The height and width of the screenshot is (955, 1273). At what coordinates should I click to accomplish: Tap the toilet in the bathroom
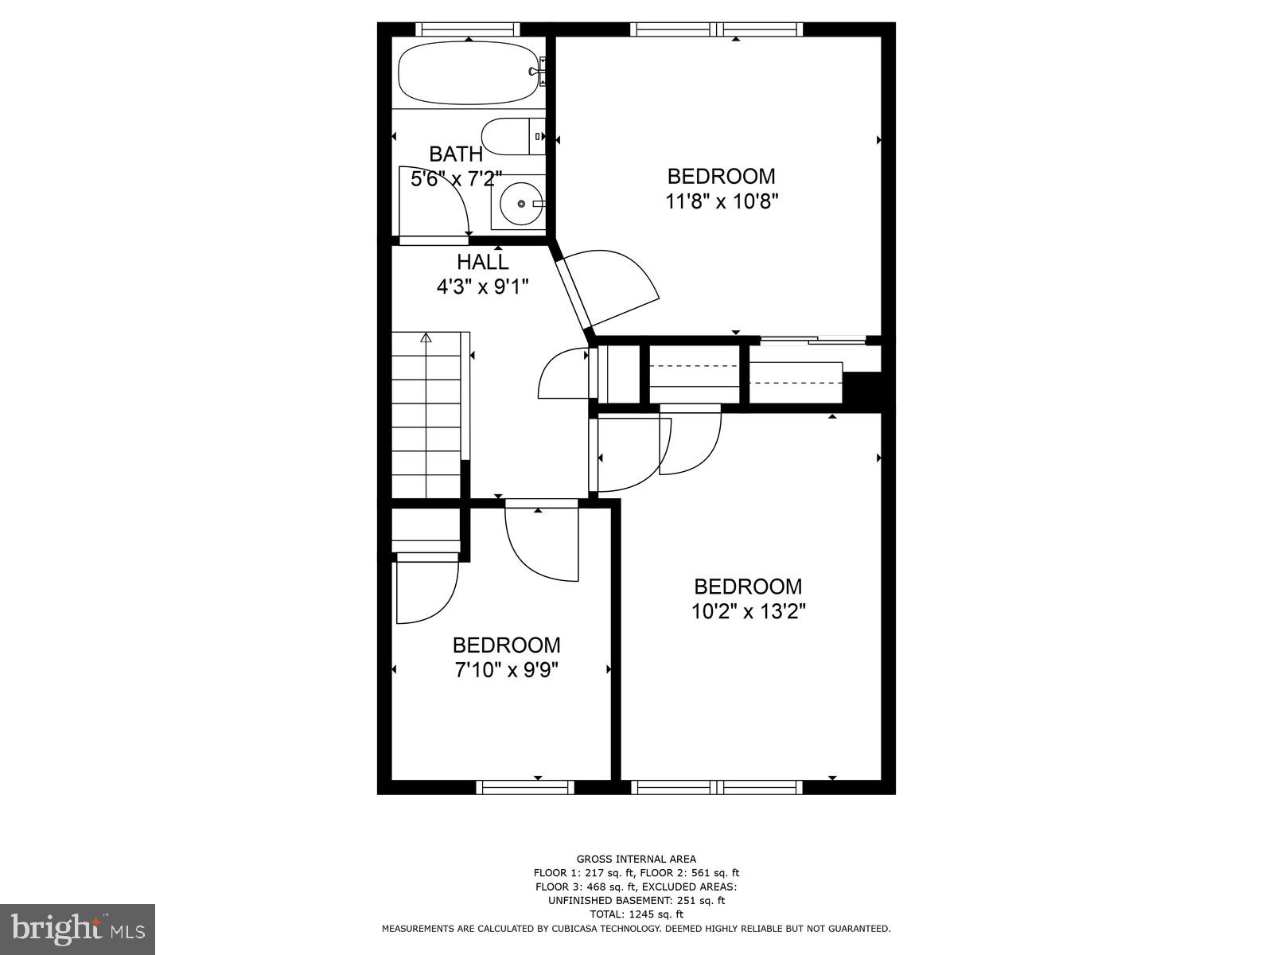tap(509, 137)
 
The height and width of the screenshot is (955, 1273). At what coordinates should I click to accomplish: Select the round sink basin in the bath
tap(521, 204)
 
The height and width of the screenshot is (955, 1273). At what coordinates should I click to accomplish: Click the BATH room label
tap(455, 154)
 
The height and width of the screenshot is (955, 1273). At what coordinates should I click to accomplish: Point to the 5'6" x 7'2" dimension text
tap(456, 179)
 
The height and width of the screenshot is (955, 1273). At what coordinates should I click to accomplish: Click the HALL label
tap(482, 262)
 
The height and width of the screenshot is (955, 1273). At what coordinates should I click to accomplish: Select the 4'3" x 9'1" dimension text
tap(482, 286)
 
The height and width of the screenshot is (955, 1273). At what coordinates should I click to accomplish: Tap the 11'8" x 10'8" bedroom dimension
tap(721, 201)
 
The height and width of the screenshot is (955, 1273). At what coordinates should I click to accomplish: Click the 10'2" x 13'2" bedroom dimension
tap(748, 612)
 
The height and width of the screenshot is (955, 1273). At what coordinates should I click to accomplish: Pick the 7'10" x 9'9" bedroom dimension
tap(506, 670)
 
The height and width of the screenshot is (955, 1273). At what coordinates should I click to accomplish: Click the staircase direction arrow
tap(426, 337)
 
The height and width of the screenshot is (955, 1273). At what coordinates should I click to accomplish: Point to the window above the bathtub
tap(468, 29)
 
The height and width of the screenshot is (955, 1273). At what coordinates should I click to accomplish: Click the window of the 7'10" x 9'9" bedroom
tap(525, 787)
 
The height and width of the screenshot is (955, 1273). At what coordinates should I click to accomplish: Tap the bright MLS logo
tap(77, 928)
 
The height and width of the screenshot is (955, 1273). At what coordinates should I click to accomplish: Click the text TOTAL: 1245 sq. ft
tap(636, 914)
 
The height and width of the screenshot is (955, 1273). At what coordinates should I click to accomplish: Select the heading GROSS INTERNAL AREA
tap(636, 859)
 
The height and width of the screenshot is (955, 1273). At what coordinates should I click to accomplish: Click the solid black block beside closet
tap(863, 390)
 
